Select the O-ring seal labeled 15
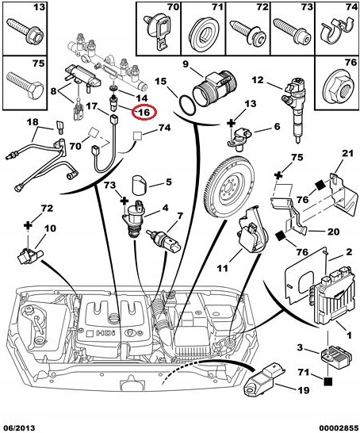pyautogui.click(x=188, y=105)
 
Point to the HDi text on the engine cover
pyautogui.click(x=105, y=333)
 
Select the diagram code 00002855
pyautogui.click(x=340, y=428)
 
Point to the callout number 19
pyautogui.click(x=303, y=390)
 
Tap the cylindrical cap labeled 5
pyautogui.click(x=140, y=185)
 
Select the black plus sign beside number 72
pyautogui.click(x=28, y=225)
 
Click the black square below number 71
pyautogui.click(x=327, y=381)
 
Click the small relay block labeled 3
pyautogui.click(x=336, y=358)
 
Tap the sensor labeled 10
pyautogui.click(x=29, y=256)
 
